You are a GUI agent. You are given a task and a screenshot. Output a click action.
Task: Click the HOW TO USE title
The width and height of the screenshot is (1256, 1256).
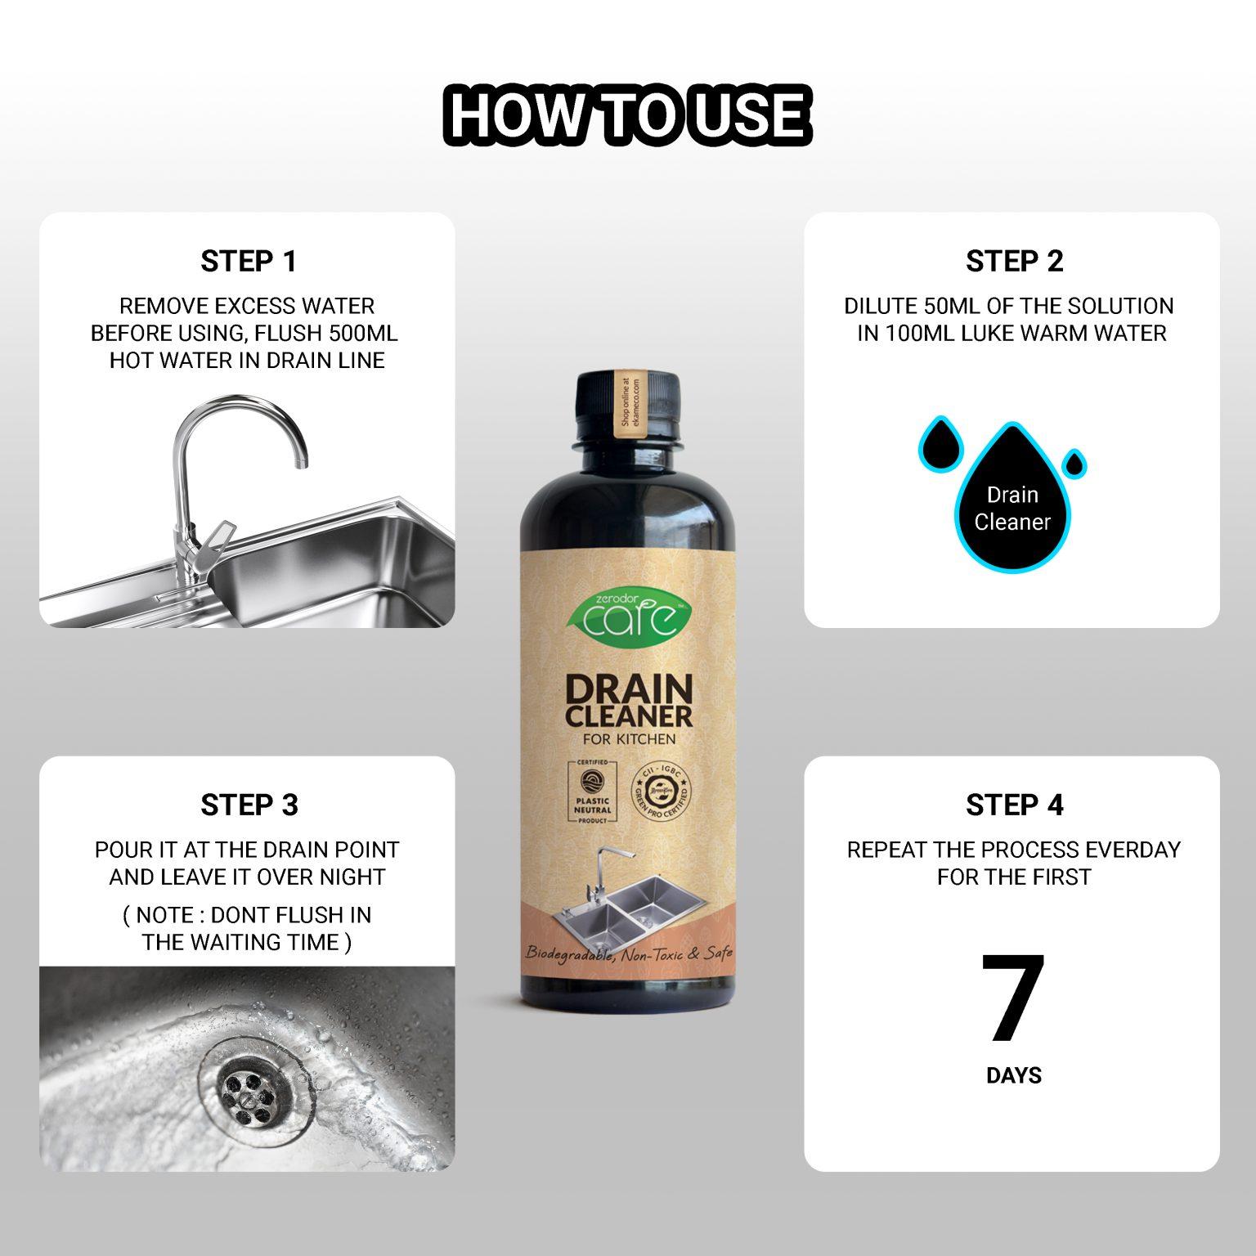click(627, 114)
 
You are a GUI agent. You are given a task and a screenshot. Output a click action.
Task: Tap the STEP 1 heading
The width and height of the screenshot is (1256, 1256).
click(248, 262)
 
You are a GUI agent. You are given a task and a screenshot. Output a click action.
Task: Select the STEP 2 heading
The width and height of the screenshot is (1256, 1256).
click(1013, 262)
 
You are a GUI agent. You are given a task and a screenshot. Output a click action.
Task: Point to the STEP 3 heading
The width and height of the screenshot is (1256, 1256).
click(249, 805)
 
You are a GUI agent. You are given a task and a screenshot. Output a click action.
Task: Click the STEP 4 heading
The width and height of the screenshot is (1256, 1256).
click(1013, 805)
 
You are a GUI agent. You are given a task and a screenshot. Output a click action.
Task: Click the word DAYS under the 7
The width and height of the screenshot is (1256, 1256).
click(1013, 1075)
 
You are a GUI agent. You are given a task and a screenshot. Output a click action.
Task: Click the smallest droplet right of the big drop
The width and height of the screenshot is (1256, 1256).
click(1074, 464)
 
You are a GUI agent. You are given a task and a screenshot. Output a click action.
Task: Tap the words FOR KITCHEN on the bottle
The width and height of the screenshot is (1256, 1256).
click(629, 739)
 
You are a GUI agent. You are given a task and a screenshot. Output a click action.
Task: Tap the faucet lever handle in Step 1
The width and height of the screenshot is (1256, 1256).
click(214, 540)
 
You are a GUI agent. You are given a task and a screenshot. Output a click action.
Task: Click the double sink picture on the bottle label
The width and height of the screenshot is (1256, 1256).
click(628, 895)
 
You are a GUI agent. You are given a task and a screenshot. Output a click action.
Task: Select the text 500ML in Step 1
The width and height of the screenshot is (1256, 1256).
click(363, 334)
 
